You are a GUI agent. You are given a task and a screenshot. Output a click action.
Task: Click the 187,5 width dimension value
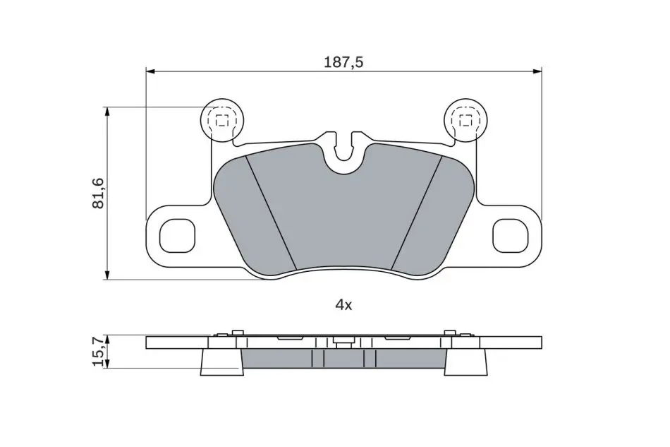pyautogui.click(x=343, y=62)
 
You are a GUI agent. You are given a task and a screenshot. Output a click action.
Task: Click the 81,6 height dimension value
pyautogui.click(x=98, y=193)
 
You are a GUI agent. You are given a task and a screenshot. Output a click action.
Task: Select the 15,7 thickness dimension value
pyautogui.click(x=98, y=352)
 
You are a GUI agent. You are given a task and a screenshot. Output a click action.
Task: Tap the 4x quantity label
pyautogui.click(x=343, y=305)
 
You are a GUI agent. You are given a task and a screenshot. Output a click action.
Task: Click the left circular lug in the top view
pyautogui.click(x=221, y=120)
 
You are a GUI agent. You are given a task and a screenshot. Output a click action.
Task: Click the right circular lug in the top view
pyautogui.click(x=465, y=120)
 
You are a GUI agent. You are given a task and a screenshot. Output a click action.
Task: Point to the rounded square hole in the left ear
pyautogui.click(x=177, y=236)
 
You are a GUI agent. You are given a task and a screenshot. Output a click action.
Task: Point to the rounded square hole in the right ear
pyautogui.click(x=510, y=236)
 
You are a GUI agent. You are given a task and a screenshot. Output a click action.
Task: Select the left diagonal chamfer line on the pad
pyautogui.click(x=272, y=213)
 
